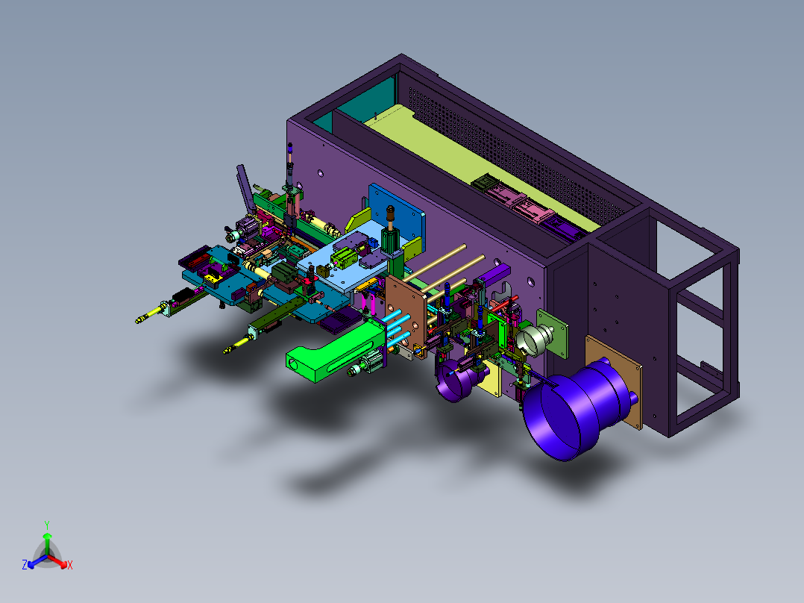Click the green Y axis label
click(x=47, y=525)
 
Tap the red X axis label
click(x=70, y=565)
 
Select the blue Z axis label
click(x=25, y=564)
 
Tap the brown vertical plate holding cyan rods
click(x=406, y=316)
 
